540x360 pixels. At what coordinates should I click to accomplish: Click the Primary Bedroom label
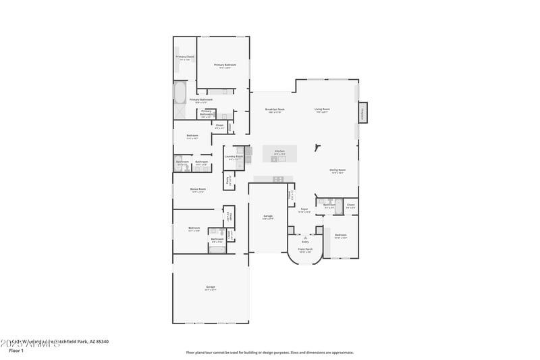(223, 66)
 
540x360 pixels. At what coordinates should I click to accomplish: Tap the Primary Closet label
(185, 57)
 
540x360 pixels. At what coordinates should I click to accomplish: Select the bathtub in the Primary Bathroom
(180, 92)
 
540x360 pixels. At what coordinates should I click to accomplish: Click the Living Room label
(322, 109)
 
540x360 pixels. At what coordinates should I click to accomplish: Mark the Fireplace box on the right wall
(362, 113)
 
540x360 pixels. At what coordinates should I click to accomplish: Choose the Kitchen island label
(279, 151)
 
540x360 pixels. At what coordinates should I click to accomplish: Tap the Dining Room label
(337, 170)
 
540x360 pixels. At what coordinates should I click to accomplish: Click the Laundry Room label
(234, 157)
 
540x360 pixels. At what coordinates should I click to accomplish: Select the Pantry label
(229, 181)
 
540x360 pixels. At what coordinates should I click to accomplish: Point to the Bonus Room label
(198, 190)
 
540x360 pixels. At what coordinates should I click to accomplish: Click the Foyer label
(304, 209)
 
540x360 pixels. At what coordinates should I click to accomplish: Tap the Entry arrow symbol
(305, 238)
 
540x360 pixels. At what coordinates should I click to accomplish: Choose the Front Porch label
(306, 249)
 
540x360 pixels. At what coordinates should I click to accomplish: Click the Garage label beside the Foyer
(268, 216)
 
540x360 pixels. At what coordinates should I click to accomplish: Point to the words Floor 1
(16, 351)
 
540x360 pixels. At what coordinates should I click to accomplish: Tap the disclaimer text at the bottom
(269, 352)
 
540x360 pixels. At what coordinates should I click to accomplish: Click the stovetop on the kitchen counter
(277, 179)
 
